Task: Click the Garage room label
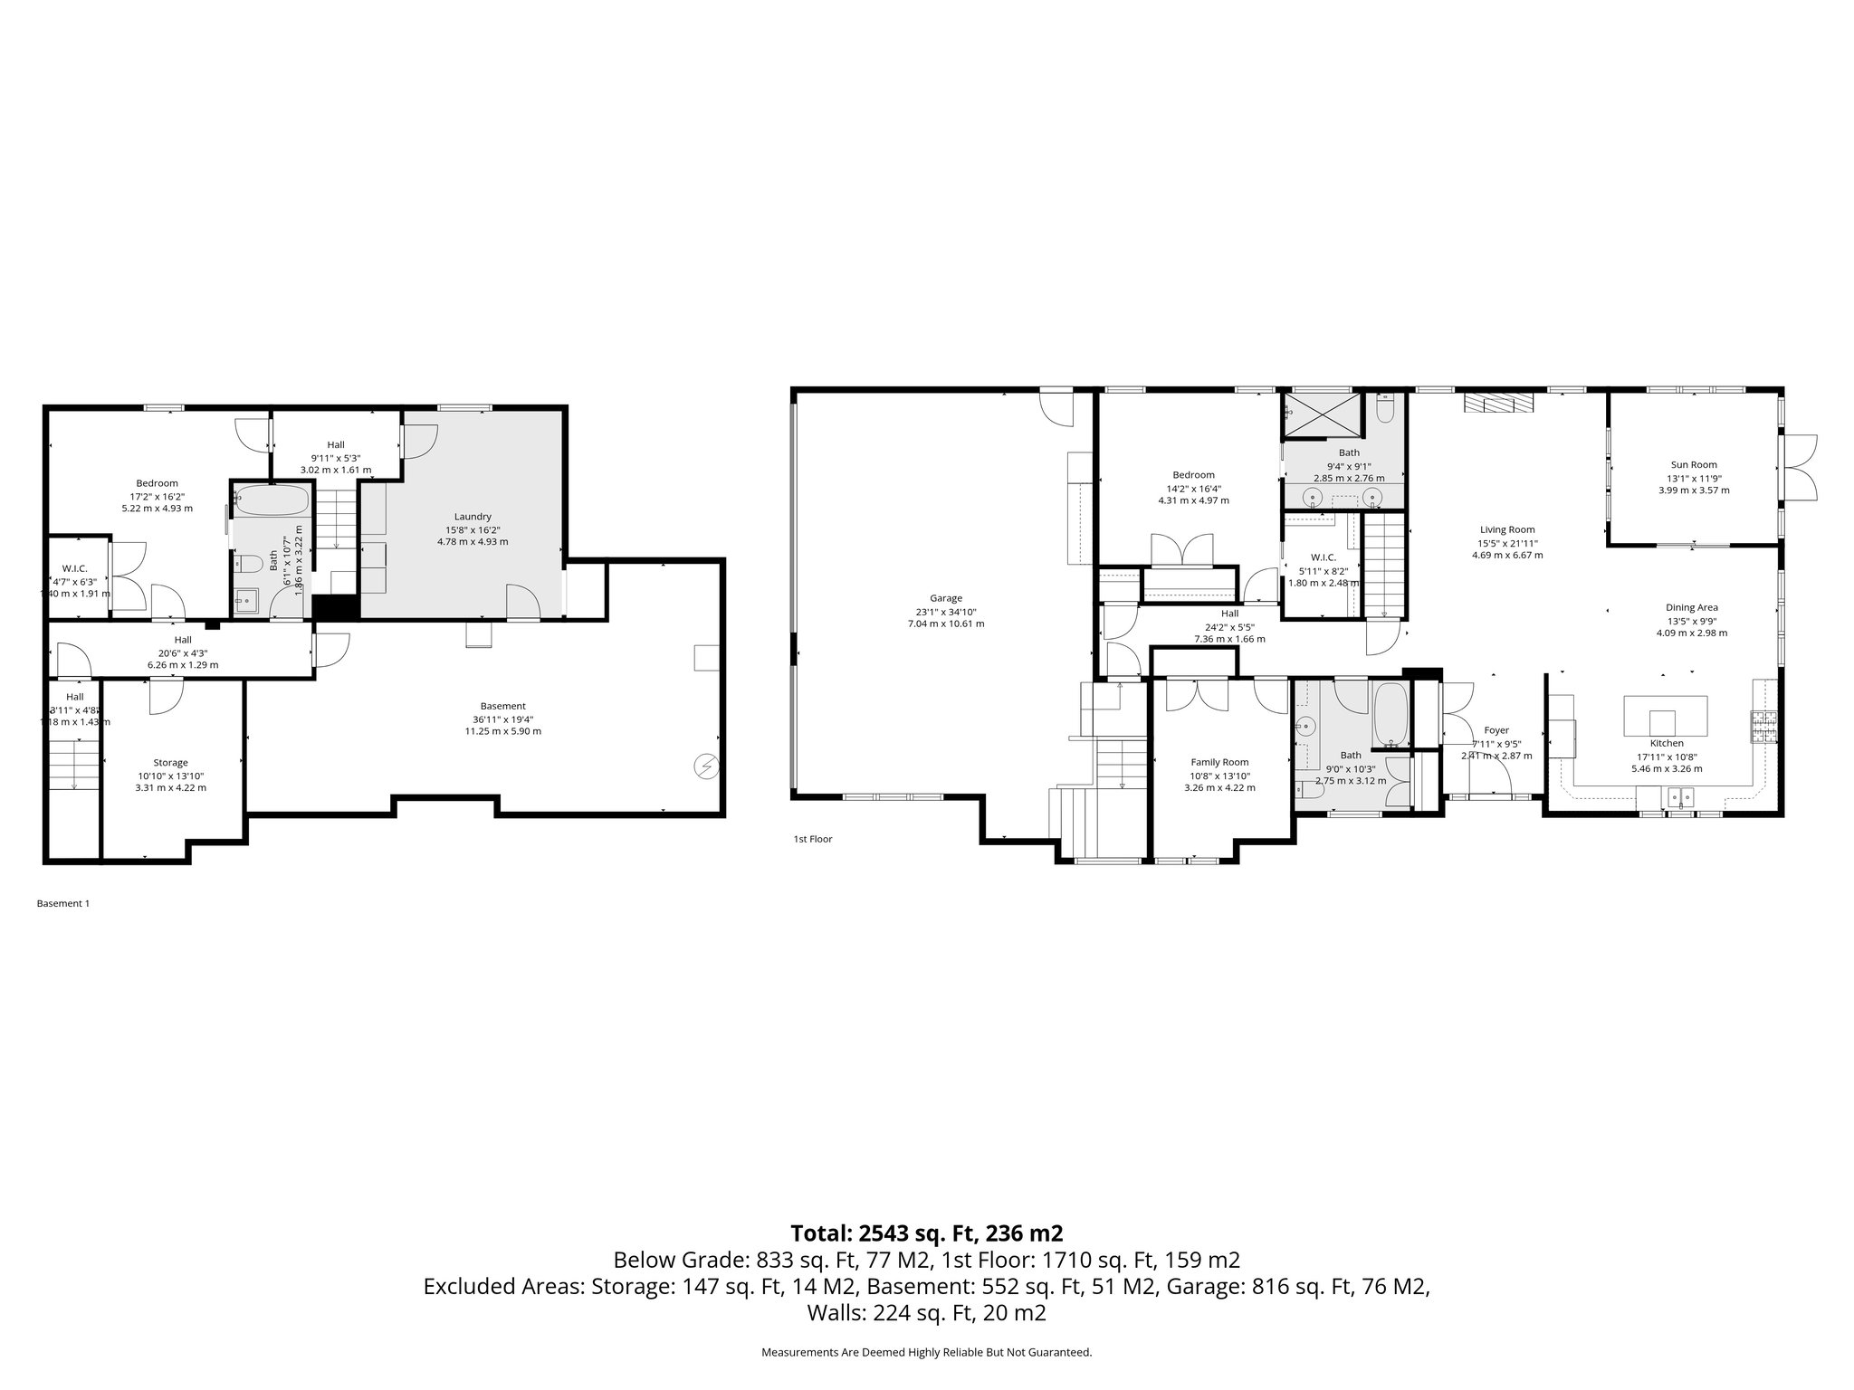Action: click(x=945, y=598)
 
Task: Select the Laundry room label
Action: click(x=473, y=517)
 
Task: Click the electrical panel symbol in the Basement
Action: click(x=705, y=766)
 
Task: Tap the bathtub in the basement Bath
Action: click(x=272, y=500)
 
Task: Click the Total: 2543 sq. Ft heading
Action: click(x=926, y=1233)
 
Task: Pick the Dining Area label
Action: click(x=1691, y=608)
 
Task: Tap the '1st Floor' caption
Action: click(x=812, y=839)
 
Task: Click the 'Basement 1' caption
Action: click(x=62, y=903)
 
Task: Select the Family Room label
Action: click(x=1218, y=762)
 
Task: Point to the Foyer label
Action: click(x=1496, y=730)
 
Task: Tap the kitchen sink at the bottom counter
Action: click(x=1680, y=797)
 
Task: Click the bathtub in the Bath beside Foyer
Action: click(x=1390, y=714)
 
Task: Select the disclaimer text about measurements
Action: click(x=926, y=1352)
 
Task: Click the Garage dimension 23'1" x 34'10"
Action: click(x=945, y=611)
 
